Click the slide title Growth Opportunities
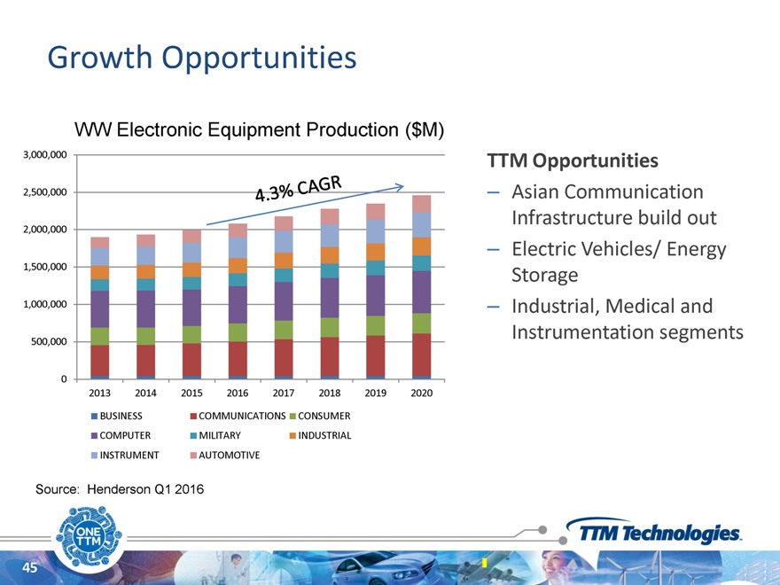click(x=202, y=58)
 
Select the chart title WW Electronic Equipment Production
click(x=259, y=130)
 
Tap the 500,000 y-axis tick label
click(x=51, y=342)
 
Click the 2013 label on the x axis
click(x=100, y=392)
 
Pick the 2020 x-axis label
click(x=421, y=392)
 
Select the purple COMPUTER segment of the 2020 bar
click(x=421, y=292)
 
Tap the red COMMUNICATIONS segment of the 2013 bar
click(x=100, y=360)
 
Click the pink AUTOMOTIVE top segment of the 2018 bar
click(x=330, y=215)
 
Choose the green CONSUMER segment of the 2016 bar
click(x=238, y=331)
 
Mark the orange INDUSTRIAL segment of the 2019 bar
click(x=376, y=252)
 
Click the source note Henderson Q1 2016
click(x=119, y=488)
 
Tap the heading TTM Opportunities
click(x=573, y=161)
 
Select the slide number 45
click(x=29, y=568)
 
